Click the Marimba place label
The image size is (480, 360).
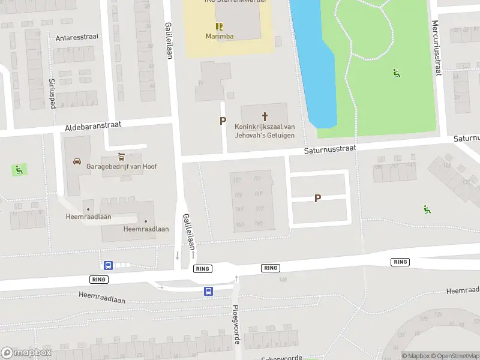[219, 36]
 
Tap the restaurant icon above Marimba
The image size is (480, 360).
[219, 26]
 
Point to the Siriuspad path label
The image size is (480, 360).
[52, 92]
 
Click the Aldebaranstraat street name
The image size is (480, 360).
[93, 127]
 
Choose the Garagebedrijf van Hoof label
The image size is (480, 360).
[122, 166]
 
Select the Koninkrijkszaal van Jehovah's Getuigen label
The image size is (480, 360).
[265, 131]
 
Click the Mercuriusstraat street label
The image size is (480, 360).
[436, 48]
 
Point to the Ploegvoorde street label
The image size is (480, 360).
[236, 324]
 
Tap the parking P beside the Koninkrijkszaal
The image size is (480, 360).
[223, 121]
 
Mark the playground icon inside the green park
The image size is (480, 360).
[396, 74]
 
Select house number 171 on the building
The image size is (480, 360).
[258, 179]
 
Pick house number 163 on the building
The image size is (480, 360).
[239, 224]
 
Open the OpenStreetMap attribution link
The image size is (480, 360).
[454, 356]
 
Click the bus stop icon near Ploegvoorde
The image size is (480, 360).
[208, 292]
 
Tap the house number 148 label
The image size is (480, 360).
[283, 280]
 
